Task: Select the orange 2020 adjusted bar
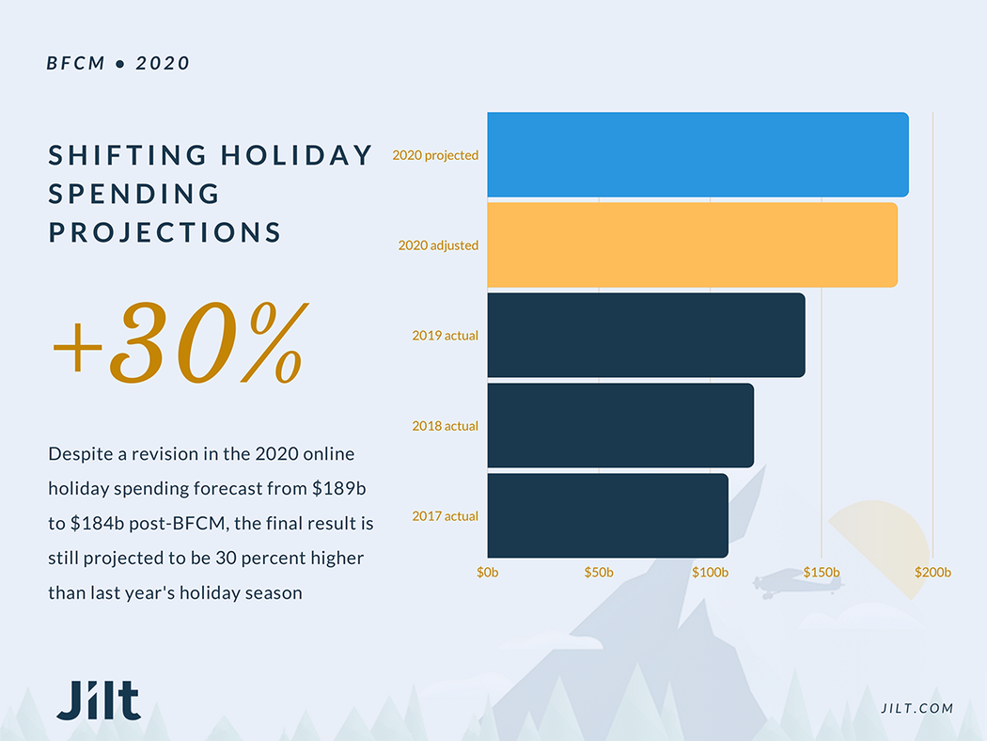(692, 245)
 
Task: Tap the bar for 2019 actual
(646, 336)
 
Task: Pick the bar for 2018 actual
(620, 425)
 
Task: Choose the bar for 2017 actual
(607, 515)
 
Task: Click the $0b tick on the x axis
(488, 572)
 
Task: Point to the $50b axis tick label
(599, 572)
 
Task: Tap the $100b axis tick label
(710, 572)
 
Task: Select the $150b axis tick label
(822, 572)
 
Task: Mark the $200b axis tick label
(932, 572)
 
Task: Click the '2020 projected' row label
(435, 155)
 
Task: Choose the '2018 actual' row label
(445, 426)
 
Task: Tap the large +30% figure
(179, 343)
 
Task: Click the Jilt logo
(98, 701)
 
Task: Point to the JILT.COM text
(917, 708)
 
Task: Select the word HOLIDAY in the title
(297, 155)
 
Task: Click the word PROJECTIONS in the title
(165, 232)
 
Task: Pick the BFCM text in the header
(76, 64)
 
